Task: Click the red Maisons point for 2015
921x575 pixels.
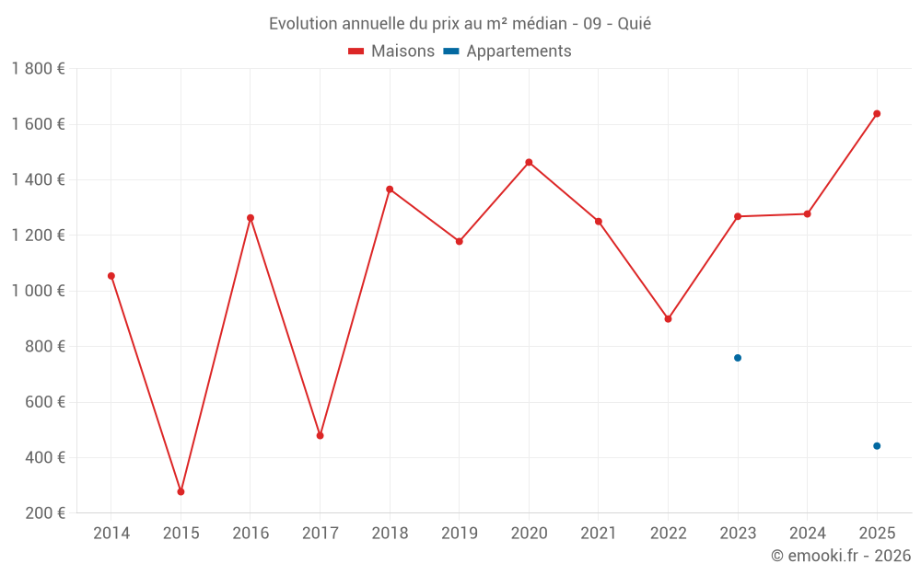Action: pyautogui.click(x=181, y=491)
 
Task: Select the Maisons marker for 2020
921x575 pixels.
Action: pyautogui.click(x=529, y=162)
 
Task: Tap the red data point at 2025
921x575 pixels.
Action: pyautogui.click(x=877, y=114)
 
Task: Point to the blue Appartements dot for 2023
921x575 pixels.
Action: pyautogui.click(x=738, y=358)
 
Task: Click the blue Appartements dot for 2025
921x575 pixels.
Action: pyautogui.click(x=877, y=446)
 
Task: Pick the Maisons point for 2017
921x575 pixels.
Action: pyautogui.click(x=320, y=435)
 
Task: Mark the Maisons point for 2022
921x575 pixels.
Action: pyautogui.click(x=668, y=319)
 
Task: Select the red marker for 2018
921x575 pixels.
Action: pyautogui.click(x=390, y=190)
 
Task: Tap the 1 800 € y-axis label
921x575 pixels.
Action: pyautogui.click(x=38, y=69)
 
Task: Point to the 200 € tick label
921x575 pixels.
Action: pyautogui.click(x=44, y=513)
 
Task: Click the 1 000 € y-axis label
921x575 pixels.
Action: pyautogui.click(x=38, y=291)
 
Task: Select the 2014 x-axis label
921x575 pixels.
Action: pyautogui.click(x=111, y=534)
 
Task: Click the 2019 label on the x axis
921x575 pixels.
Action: pyautogui.click(x=459, y=534)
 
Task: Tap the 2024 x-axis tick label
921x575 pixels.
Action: pyautogui.click(x=807, y=534)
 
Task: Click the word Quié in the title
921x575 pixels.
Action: pyautogui.click(x=634, y=24)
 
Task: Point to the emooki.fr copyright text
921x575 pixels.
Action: pyautogui.click(x=841, y=556)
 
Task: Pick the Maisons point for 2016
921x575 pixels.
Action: pyautogui.click(x=251, y=218)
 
